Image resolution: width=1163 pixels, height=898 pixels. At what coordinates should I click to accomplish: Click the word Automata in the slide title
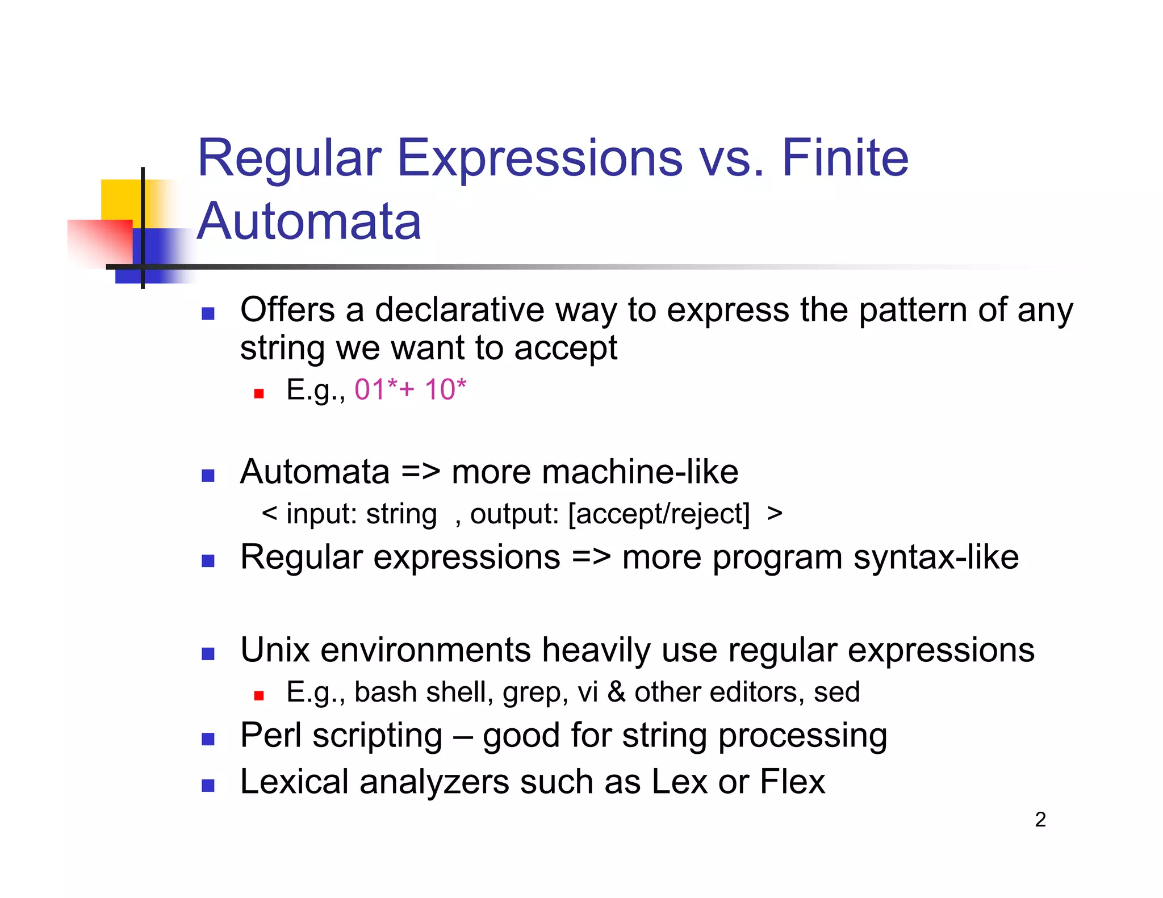[309, 221]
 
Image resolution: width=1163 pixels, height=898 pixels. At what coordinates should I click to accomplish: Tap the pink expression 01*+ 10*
[410, 390]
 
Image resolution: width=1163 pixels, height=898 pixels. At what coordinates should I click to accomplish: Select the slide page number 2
[1040, 820]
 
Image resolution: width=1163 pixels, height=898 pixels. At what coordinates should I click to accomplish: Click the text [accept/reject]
[659, 514]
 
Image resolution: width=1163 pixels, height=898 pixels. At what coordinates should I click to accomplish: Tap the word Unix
[275, 650]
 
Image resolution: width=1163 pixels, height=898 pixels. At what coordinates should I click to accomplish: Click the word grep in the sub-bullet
[534, 693]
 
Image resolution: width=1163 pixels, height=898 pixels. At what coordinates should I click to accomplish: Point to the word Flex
[792, 782]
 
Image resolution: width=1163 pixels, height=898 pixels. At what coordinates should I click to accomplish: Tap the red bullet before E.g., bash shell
[259, 695]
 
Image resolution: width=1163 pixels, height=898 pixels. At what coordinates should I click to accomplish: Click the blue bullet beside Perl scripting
[208, 739]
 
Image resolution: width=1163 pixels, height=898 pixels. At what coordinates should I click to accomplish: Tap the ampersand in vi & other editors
[616, 693]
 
